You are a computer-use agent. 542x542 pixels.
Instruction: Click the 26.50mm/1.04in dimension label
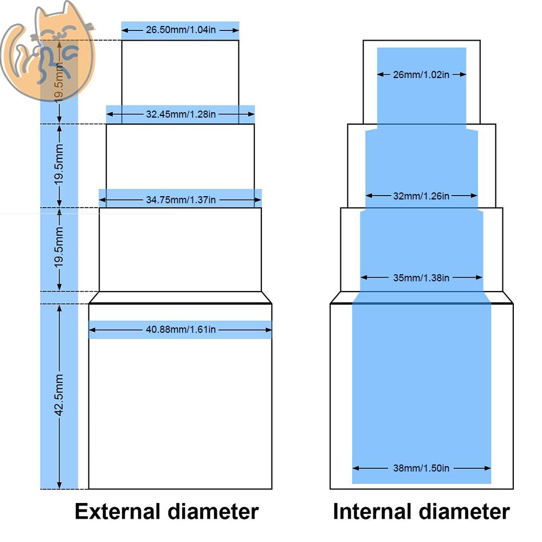[180, 30]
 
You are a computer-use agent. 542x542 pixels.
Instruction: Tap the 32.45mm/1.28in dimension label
[180, 114]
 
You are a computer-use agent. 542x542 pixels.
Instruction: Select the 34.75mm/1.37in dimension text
[180, 200]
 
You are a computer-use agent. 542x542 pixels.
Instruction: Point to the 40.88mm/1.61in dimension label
[180, 330]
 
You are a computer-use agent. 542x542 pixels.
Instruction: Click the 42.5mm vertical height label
[60, 395]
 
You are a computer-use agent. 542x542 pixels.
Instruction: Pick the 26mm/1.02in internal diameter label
[421, 75]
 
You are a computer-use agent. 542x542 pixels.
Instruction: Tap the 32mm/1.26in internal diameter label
[421, 196]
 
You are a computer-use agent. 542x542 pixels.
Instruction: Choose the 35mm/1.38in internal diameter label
[421, 278]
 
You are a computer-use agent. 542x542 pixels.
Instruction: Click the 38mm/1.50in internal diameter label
[421, 468]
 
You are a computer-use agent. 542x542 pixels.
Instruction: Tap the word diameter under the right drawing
[466, 511]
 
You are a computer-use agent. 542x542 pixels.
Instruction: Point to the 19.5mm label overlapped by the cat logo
[59, 81]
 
